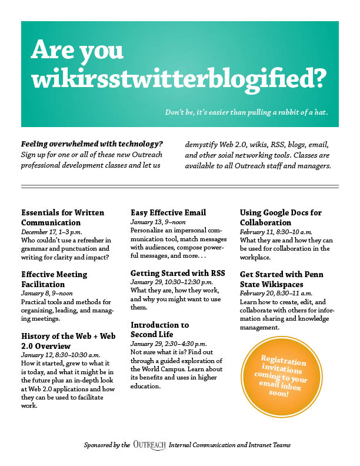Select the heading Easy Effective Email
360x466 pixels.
click(168, 212)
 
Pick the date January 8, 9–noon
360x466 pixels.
click(47, 293)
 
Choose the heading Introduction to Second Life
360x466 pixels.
click(159, 329)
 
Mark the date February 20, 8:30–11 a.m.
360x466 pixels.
click(276, 293)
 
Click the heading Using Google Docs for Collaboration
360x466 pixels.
click(281, 218)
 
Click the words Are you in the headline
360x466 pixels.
click(77, 51)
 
